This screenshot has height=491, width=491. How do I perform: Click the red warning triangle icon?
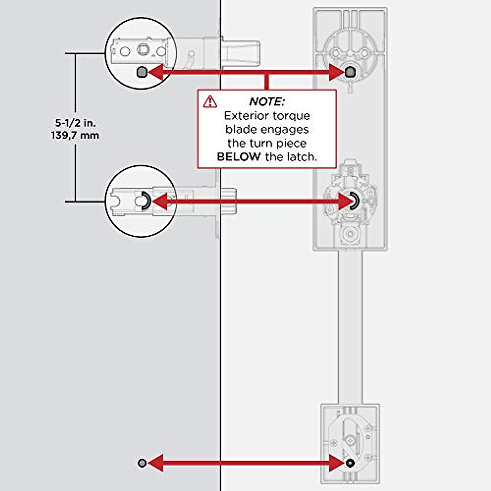[210, 101]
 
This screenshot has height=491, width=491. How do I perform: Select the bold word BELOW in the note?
[239, 157]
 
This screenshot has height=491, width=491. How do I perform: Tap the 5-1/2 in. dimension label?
[75, 123]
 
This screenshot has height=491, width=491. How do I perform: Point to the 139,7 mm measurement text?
[75, 135]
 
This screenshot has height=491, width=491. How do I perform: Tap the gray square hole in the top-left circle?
[141, 73]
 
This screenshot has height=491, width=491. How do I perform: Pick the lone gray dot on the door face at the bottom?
[142, 463]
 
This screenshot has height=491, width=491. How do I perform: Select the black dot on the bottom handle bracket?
[349, 463]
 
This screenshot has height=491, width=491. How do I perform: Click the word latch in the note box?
[302, 157]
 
